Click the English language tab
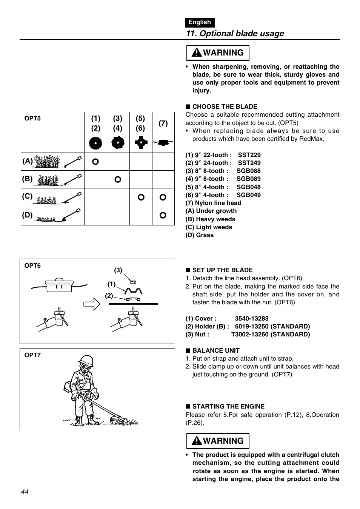pos(200,22)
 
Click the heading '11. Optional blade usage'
pos(235,34)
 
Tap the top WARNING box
pos(218,53)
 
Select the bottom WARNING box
pos(218,441)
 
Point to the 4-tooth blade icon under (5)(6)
pos(140,143)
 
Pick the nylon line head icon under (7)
pos(163,143)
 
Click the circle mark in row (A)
pos(95,162)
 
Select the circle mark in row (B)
pos(118,179)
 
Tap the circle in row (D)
pos(163,215)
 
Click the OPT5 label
pos(32,119)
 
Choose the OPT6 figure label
pos(32,266)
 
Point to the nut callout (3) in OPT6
pos(118,270)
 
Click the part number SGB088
pos(248,171)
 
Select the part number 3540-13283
pos(251,319)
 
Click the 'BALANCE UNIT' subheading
pos(215,351)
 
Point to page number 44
pos(25,492)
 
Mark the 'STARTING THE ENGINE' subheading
pos(228,407)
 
